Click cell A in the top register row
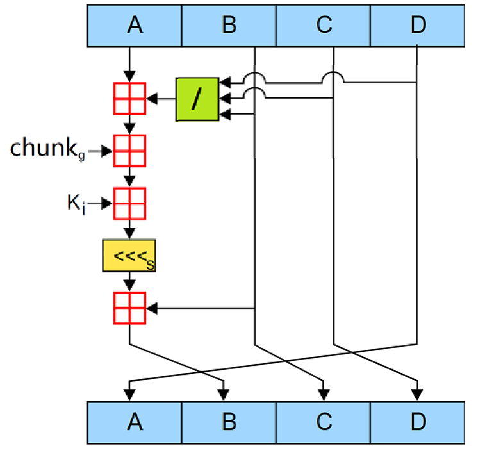(x=135, y=26)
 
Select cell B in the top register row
(x=229, y=26)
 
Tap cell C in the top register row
(x=324, y=26)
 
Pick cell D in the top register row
(x=418, y=26)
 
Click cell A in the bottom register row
(x=135, y=422)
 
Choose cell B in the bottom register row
(x=229, y=422)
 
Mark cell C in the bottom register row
(x=324, y=422)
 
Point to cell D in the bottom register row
(x=418, y=422)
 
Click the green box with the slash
(x=197, y=99)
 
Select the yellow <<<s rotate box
(x=129, y=256)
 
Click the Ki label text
(x=76, y=203)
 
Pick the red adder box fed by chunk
(x=129, y=151)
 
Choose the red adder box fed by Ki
(x=129, y=203)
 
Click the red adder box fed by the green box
(x=129, y=99)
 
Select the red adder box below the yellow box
(x=129, y=308)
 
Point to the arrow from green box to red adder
(x=161, y=99)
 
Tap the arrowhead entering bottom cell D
(x=418, y=393)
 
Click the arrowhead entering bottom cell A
(x=130, y=393)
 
